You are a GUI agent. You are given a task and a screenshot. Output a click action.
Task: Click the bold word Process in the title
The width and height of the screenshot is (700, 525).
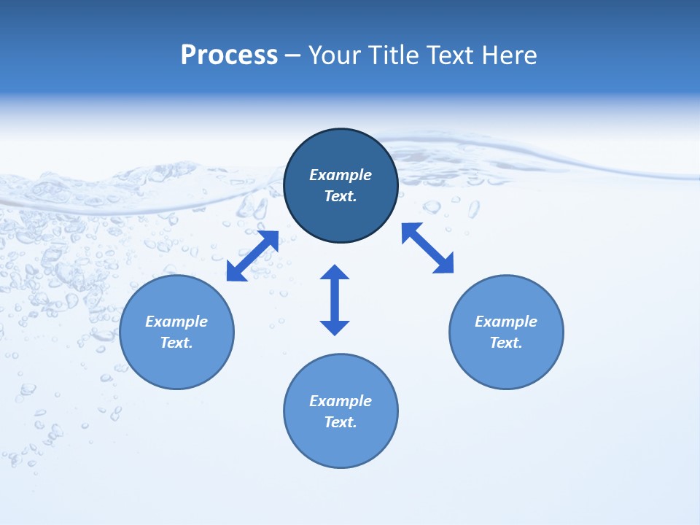pyautogui.click(x=229, y=55)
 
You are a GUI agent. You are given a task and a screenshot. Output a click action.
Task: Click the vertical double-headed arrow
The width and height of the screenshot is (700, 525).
pyautogui.click(x=335, y=300)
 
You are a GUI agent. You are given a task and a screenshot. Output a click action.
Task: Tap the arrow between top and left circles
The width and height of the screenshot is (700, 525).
pyautogui.click(x=252, y=256)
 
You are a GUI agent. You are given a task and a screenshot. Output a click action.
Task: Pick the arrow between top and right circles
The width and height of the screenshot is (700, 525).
pyautogui.click(x=427, y=248)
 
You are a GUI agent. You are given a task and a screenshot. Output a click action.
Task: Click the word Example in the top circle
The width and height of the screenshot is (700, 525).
pyautogui.click(x=341, y=175)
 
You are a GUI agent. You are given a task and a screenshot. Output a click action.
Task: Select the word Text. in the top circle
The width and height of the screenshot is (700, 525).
pyautogui.click(x=341, y=196)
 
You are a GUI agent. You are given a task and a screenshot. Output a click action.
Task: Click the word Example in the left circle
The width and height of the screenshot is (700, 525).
pyautogui.click(x=176, y=322)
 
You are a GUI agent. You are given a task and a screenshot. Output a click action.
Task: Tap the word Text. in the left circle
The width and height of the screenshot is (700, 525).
pyautogui.click(x=176, y=343)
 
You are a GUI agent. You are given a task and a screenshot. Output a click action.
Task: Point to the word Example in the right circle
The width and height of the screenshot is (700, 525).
pyautogui.click(x=506, y=322)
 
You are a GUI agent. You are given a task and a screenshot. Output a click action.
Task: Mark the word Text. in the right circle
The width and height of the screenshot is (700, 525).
pyautogui.click(x=506, y=343)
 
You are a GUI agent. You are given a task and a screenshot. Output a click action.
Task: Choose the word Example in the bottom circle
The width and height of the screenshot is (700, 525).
pyautogui.click(x=341, y=401)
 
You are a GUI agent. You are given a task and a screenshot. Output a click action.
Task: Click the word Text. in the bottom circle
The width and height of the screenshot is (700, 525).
pyautogui.click(x=341, y=422)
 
